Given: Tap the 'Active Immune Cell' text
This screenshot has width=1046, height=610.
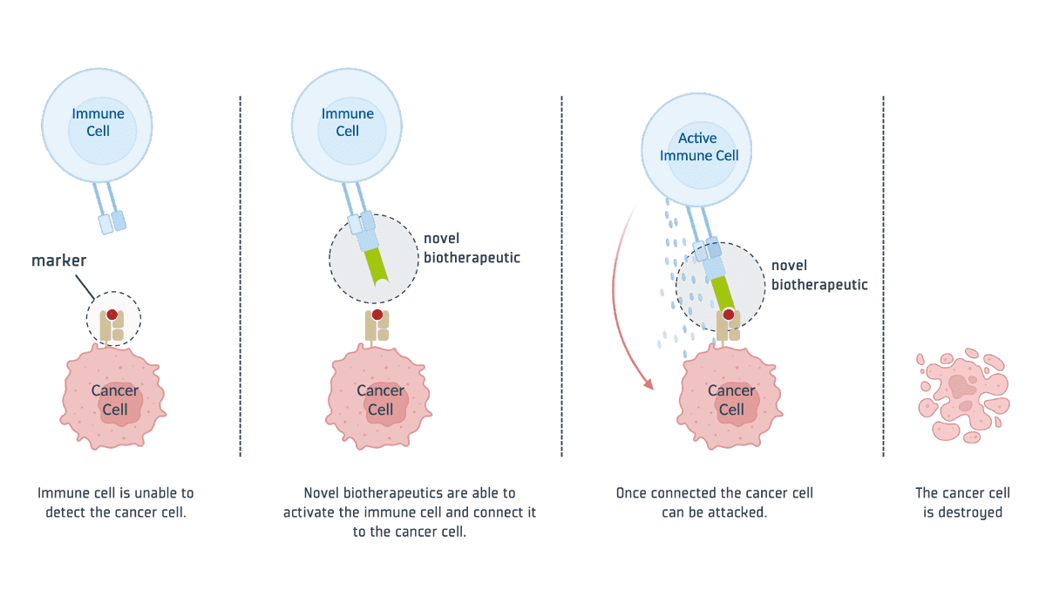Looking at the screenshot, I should tap(698, 146).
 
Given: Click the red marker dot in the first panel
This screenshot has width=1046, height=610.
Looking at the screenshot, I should tap(112, 315).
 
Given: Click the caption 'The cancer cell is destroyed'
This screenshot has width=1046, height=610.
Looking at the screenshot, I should tap(962, 502).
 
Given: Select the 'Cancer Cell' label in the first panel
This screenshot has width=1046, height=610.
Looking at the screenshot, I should tap(114, 400).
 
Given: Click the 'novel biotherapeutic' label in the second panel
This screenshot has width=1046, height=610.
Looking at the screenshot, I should tap(471, 247).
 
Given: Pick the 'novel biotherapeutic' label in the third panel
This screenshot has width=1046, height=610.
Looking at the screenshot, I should tap(818, 274).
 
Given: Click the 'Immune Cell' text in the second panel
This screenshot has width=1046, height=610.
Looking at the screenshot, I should tap(347, 122).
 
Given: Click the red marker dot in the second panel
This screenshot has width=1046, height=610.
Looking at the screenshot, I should tap(377, 315).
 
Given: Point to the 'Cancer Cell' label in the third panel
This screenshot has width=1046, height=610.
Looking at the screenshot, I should tap(730, 400).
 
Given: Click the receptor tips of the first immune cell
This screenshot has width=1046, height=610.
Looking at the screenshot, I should tap(112, 222).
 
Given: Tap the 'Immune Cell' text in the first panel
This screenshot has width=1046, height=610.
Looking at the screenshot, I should tap(98, 122).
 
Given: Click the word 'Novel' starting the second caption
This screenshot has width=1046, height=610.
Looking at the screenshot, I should tap(320, 492).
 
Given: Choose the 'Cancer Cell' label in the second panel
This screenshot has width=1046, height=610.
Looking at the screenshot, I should tap(380, 400).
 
